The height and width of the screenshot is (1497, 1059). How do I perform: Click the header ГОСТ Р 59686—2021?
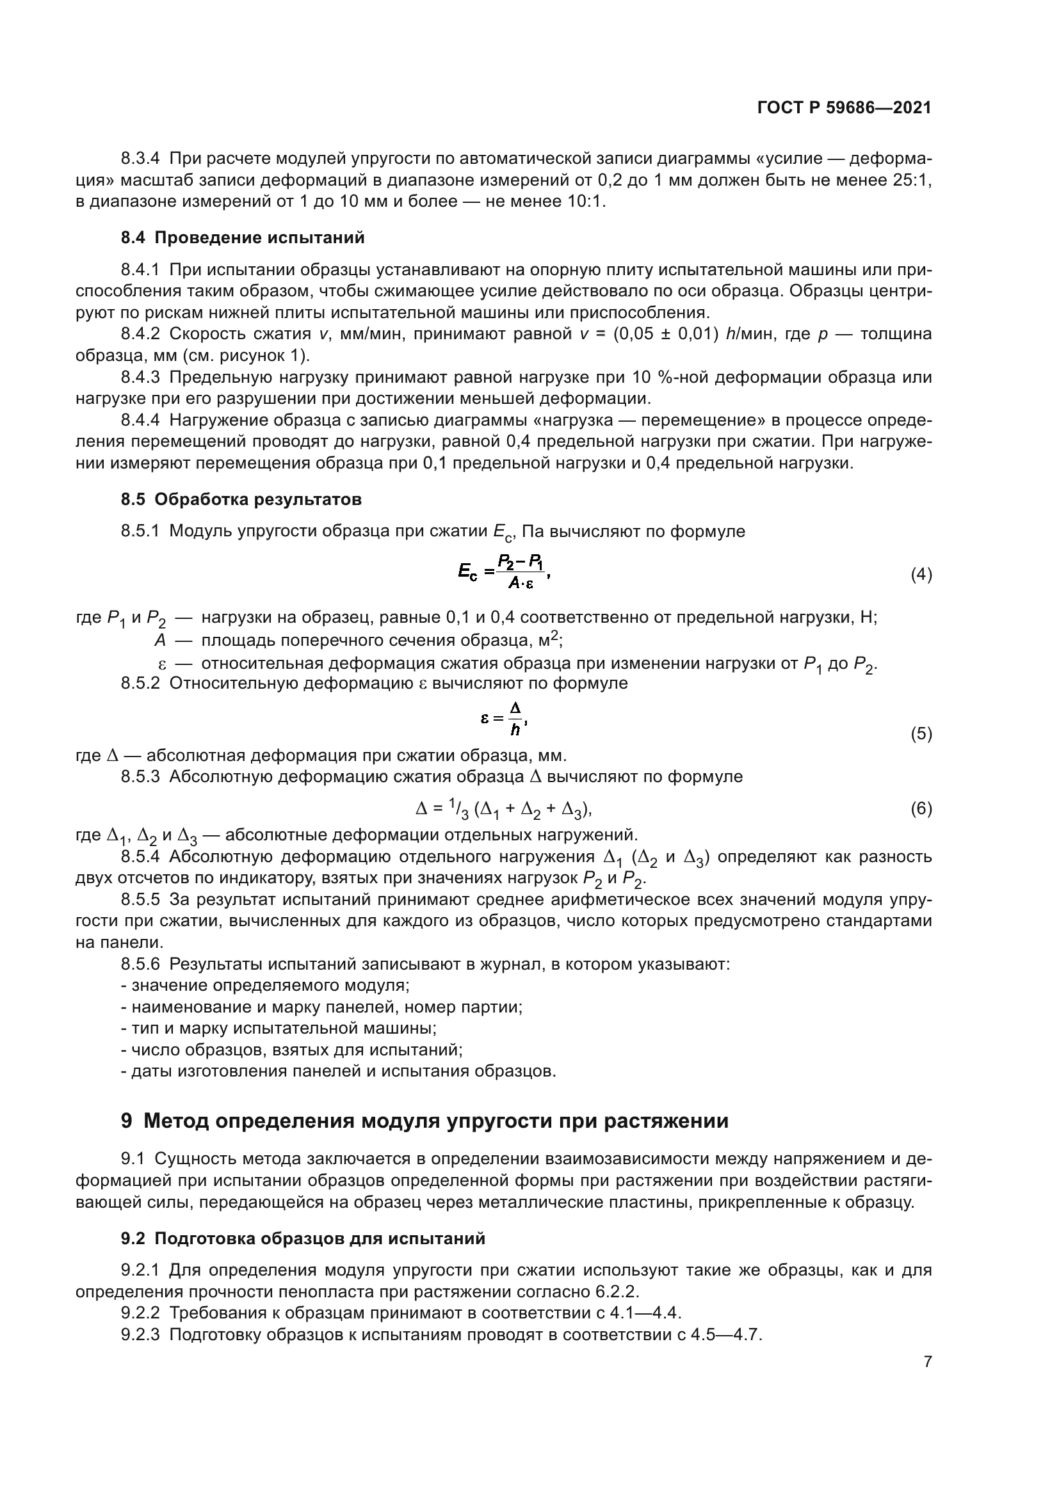(x=844, y=108)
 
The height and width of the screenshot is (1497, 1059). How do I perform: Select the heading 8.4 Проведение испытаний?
(x=243, y=238)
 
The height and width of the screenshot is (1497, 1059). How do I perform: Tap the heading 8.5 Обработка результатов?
(x=241, y=499)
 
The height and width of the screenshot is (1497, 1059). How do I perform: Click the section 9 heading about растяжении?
(x=424, y=1121)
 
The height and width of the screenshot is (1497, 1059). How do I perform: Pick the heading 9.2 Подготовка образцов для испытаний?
(x=303, y=1238)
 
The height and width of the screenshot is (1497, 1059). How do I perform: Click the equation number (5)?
(x=921, y=734)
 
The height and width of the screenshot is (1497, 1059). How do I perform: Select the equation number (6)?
(x=921, y=809)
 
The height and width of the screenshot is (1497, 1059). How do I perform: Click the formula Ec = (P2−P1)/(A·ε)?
(x=503, y=572)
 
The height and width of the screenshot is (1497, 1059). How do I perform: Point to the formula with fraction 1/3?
(x=503, y=809)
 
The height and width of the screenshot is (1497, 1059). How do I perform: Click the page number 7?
(x=927, y=1361)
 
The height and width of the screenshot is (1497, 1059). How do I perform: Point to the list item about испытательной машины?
(x=279, y=1029)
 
